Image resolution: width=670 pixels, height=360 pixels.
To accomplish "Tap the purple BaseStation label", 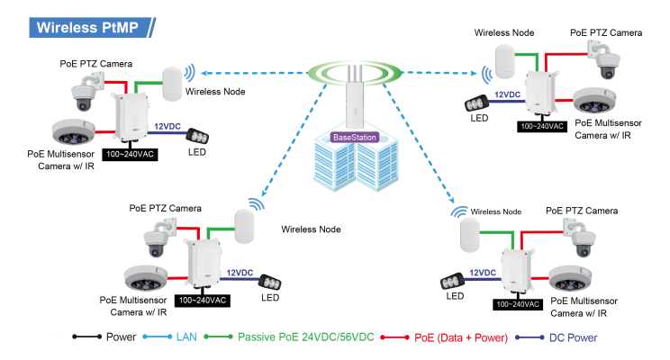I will [354, 138].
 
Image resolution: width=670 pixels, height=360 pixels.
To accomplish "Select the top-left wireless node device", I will [173, 84].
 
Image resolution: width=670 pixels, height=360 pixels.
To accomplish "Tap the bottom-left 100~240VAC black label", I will [203, 300].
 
